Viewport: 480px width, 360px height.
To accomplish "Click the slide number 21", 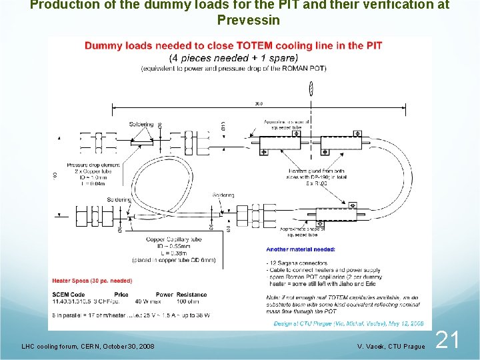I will point(447,341).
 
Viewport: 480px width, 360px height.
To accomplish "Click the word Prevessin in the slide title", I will point(248,19).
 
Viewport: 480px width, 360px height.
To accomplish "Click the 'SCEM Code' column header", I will point(69,295).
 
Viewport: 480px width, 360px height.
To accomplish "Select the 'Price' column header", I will point(121,295).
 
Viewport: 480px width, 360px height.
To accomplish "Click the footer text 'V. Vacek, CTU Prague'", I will point(390,347).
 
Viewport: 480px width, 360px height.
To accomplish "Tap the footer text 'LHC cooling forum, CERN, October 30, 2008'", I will point(88,347).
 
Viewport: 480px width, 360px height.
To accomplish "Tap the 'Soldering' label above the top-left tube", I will point(142,125).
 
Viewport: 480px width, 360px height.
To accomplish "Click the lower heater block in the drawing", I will point(337,217).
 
